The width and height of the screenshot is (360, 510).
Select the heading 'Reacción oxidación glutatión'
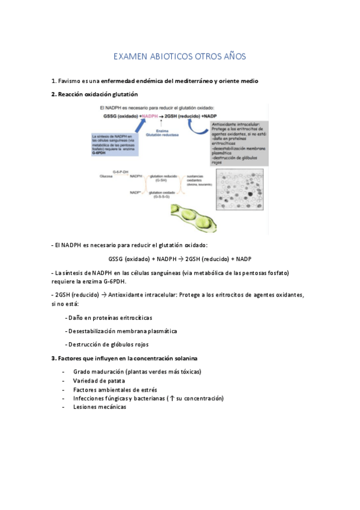point(97,94)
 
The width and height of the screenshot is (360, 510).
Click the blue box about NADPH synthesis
point(114,145)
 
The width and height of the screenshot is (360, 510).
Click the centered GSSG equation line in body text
point(180,259)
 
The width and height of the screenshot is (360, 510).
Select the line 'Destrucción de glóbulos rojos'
point(108,345)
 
